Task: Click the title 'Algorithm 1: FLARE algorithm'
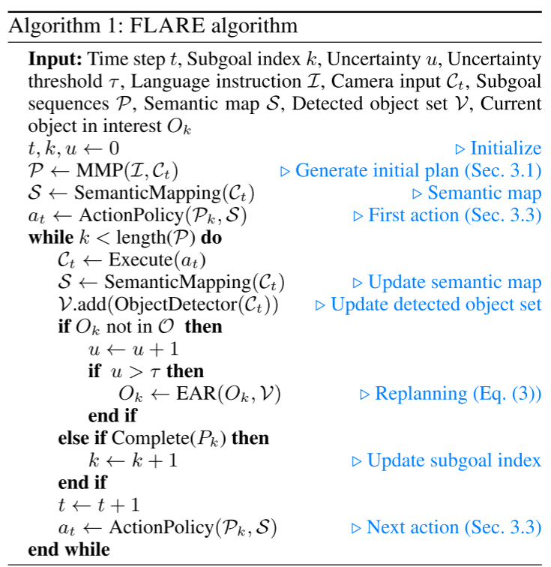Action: point(154,26)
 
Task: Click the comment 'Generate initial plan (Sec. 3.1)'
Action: point(418,170)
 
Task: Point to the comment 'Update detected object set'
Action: point(436,305)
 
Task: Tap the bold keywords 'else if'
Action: point(83,437)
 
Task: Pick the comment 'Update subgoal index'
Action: point(454,460)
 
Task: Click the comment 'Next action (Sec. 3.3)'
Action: point(454,527)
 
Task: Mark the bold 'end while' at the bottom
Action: point(68,550)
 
